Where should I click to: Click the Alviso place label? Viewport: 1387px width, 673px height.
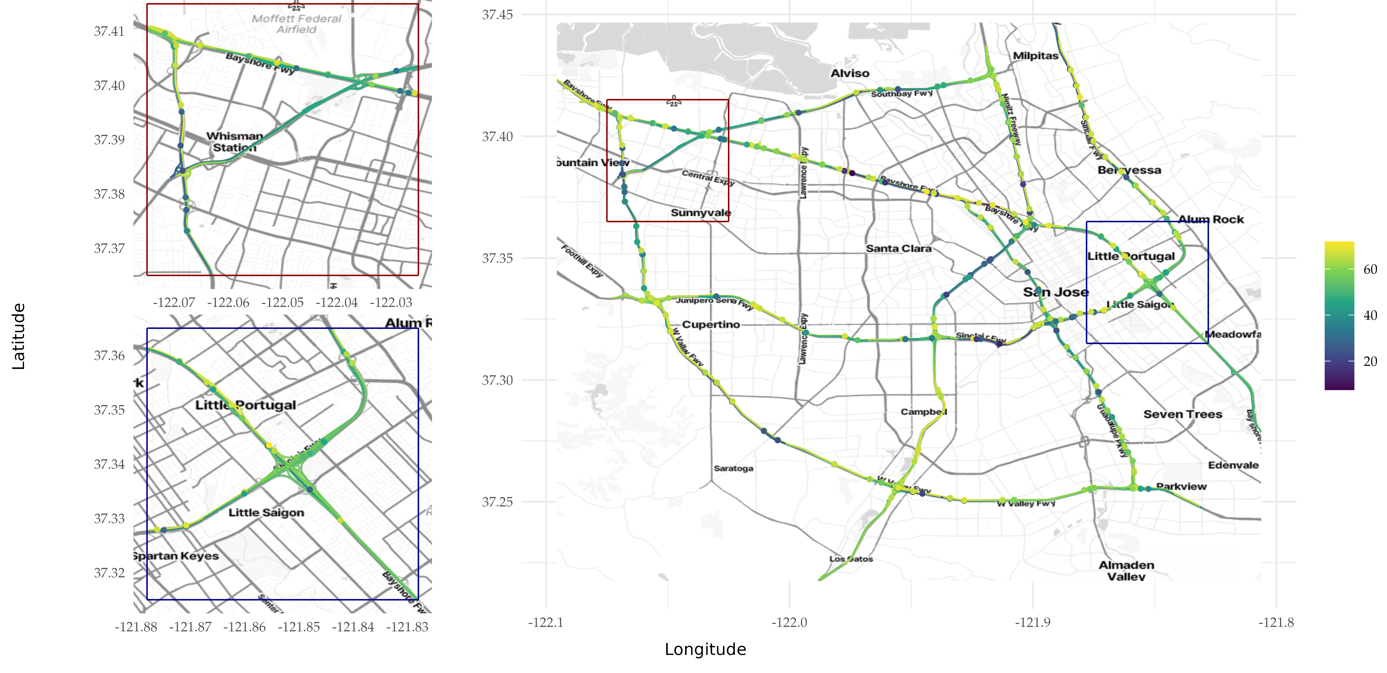(850, 73)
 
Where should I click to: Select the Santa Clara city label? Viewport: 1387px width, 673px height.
(898, 248)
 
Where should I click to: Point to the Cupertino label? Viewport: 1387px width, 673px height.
(711, 324)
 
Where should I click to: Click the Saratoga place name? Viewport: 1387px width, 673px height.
(733, 468)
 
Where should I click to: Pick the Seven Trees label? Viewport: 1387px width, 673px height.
(1182, 414)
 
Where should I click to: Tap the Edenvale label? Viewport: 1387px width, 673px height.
(1233, 465)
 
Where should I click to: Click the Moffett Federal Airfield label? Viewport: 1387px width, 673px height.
(297, 24)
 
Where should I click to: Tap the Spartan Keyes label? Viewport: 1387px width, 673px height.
(176, 556)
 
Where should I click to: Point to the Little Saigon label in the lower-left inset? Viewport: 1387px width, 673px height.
(266, 512)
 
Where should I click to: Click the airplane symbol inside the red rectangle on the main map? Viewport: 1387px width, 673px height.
(674, 101)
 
